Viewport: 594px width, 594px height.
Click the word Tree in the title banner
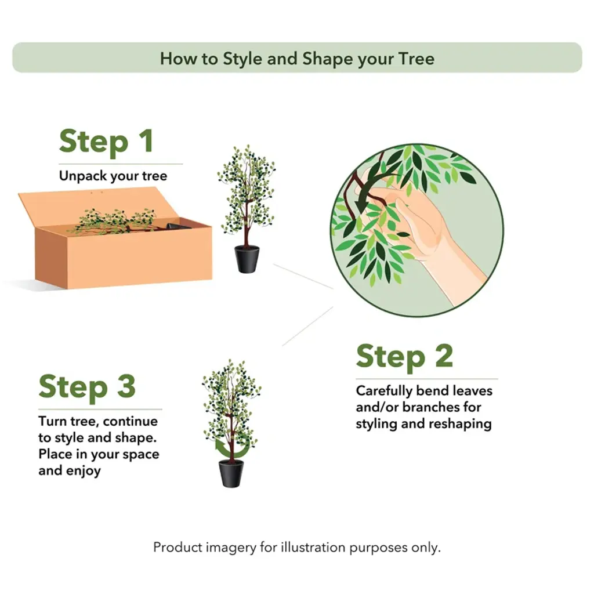pos(416,59)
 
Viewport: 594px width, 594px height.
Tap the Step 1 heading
pos(106,142)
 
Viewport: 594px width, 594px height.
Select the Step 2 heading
pos(404,357)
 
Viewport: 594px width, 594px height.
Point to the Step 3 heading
pos(87,387)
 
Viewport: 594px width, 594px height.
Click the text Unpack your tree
pos(113,176)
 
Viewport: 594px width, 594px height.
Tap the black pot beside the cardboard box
pos(247,259)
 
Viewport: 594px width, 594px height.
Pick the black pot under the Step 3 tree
pos(231,473)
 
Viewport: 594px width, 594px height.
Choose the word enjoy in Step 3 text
pos(84,471)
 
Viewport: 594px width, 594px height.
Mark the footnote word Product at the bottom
pos(178,548)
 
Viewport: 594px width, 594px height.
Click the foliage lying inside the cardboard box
pos(114,220)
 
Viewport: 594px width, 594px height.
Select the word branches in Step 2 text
pos(441,407)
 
